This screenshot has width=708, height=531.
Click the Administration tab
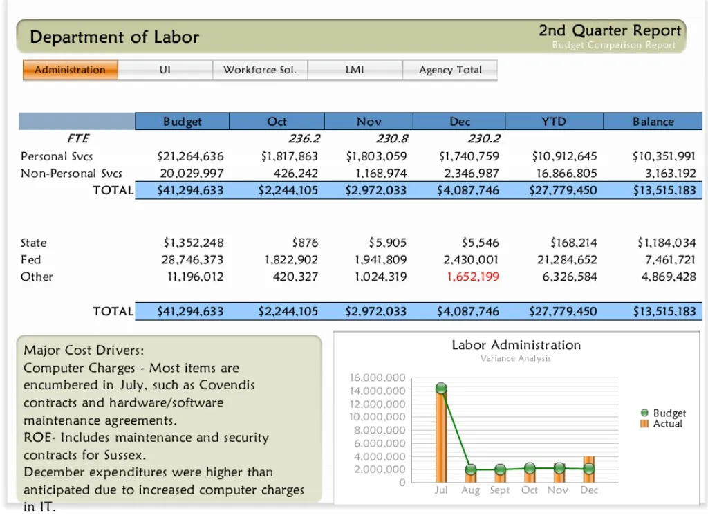point(71,70)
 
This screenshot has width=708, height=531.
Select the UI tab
point(165,70)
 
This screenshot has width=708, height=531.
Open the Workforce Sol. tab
point(260,70)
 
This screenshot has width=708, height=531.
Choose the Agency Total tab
point(450,70)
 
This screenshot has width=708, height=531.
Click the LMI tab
point(355,70)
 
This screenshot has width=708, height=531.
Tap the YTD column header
point(554,122)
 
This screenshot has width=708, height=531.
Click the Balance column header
point(653,122)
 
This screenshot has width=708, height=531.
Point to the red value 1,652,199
point(473,277)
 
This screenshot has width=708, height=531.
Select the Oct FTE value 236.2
point(304,139)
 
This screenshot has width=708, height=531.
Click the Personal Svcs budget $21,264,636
point(190,156)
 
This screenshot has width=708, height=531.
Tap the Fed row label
point(30,260)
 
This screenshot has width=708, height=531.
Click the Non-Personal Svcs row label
point(71,174)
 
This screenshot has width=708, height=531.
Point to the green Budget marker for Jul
point(441,389)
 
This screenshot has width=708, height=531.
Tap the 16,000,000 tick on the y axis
point(378,378)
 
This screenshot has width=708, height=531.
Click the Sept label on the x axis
point(500,490)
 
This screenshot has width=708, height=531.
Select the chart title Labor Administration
point(516,345)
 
